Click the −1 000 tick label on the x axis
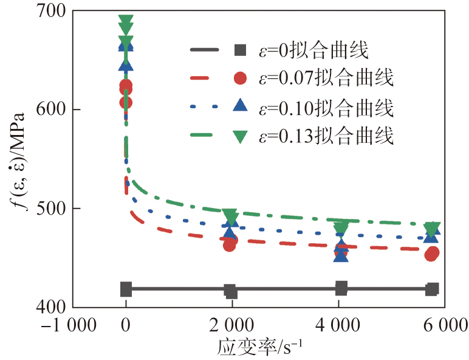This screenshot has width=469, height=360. click(66, 325)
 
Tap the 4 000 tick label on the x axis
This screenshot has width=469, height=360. click(340, 325)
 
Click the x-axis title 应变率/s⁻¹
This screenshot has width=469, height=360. click(262, 348)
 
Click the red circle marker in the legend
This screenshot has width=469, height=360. click(240, 79)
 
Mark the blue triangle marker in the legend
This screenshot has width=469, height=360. click(240, 107)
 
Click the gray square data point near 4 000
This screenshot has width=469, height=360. click(341, 288)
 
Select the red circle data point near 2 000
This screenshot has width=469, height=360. click(230, 244)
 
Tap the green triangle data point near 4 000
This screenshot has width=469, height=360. click(341, 229)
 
